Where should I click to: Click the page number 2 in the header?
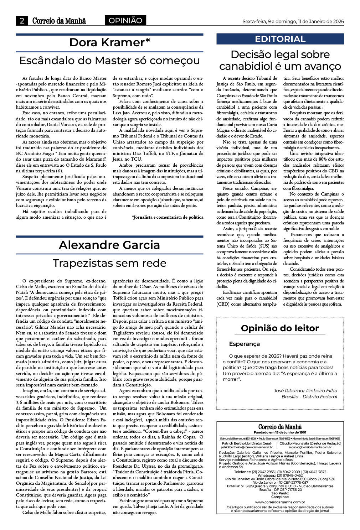(22, 21)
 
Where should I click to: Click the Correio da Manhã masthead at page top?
(59, 21)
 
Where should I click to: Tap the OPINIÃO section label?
(125, 21)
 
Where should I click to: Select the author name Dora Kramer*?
(109, 42)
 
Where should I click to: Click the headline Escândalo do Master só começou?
(109, 61)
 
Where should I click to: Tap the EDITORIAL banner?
(280, 39)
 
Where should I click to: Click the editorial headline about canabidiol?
(280, 60)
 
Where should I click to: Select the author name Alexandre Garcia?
(109, 245)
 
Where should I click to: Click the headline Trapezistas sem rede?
(109, 263)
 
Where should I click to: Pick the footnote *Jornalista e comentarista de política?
(168, 217)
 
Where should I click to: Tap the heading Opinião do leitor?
(280, 328)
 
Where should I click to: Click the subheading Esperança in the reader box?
(245, 344)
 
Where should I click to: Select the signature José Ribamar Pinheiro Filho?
(305, 390)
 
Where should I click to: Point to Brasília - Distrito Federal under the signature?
(309, 396)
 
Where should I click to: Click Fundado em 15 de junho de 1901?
(280, 432)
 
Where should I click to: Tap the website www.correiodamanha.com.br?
(280, 502)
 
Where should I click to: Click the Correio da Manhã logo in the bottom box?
(280, 427)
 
